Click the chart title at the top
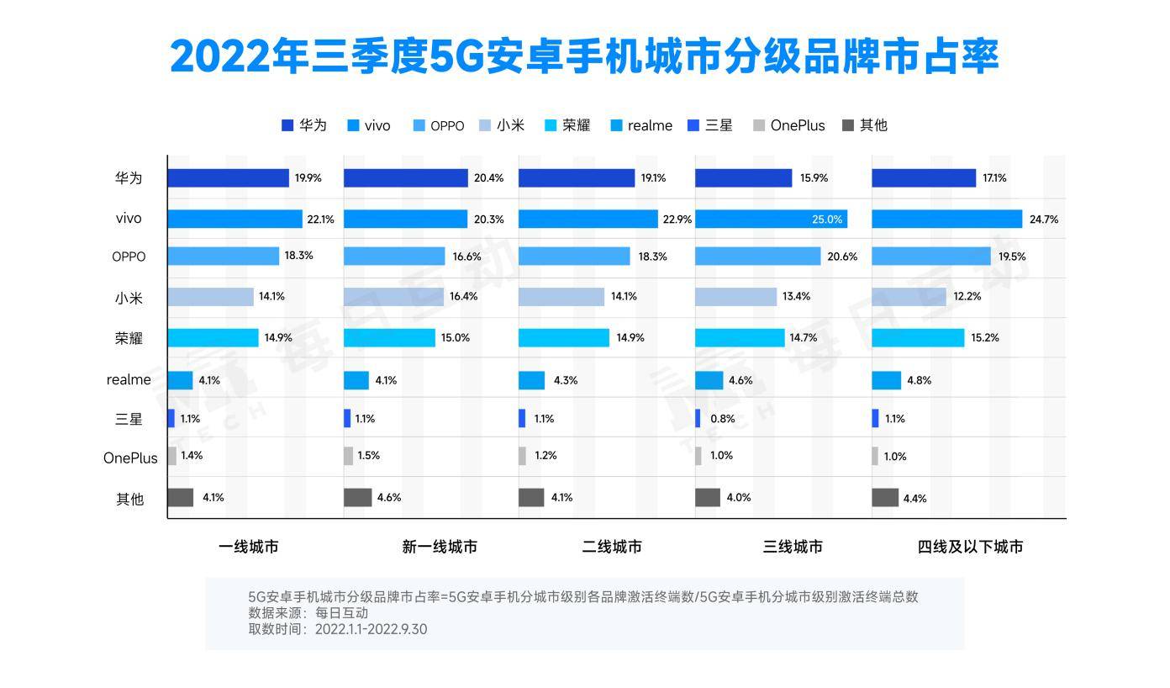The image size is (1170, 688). click(x=584, y=56)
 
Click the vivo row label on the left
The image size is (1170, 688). click(x=129, y=219)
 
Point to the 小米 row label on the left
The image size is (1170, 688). click(x=129, y=298)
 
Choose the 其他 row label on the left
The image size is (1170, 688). click(x=129, y=499)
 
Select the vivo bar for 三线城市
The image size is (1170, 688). click(x=771, y=219)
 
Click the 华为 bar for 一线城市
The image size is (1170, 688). click(x=228, y=178)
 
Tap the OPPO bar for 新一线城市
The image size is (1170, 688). click(x=394, y=257)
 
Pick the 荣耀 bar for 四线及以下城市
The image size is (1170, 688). click(x=918, y=338)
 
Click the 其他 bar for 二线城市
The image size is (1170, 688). click(x=531, y=497)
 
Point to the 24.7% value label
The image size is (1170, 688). click(x=1043, y=220)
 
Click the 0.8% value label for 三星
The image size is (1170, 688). click(x=722, y=419)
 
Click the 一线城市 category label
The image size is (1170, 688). click(x=248, y=547)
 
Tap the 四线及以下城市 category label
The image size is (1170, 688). click(x=970, y=547)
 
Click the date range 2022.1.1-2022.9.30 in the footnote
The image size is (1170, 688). click(x=371, y=629)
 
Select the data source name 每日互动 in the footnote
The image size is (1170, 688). click(x=341, y=613)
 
